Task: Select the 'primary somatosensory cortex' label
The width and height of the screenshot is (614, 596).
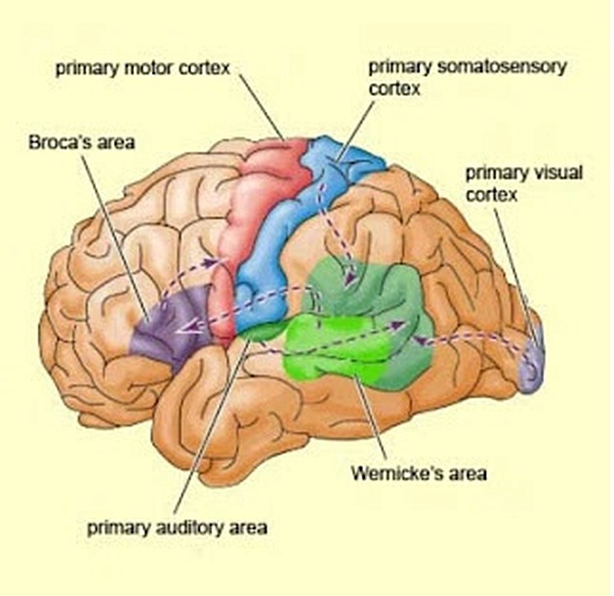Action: tap(467, 77)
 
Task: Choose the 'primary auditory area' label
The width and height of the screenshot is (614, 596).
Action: tap(177, 528)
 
